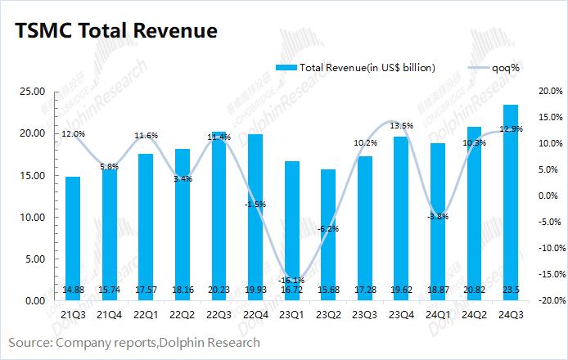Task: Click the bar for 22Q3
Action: point(218,216)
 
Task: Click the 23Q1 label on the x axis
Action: point(291,316)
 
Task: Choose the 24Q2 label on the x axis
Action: point(472,316)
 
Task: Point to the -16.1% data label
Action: point(291,280)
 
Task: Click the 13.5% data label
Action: point(400,125)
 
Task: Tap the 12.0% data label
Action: point(73,133)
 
